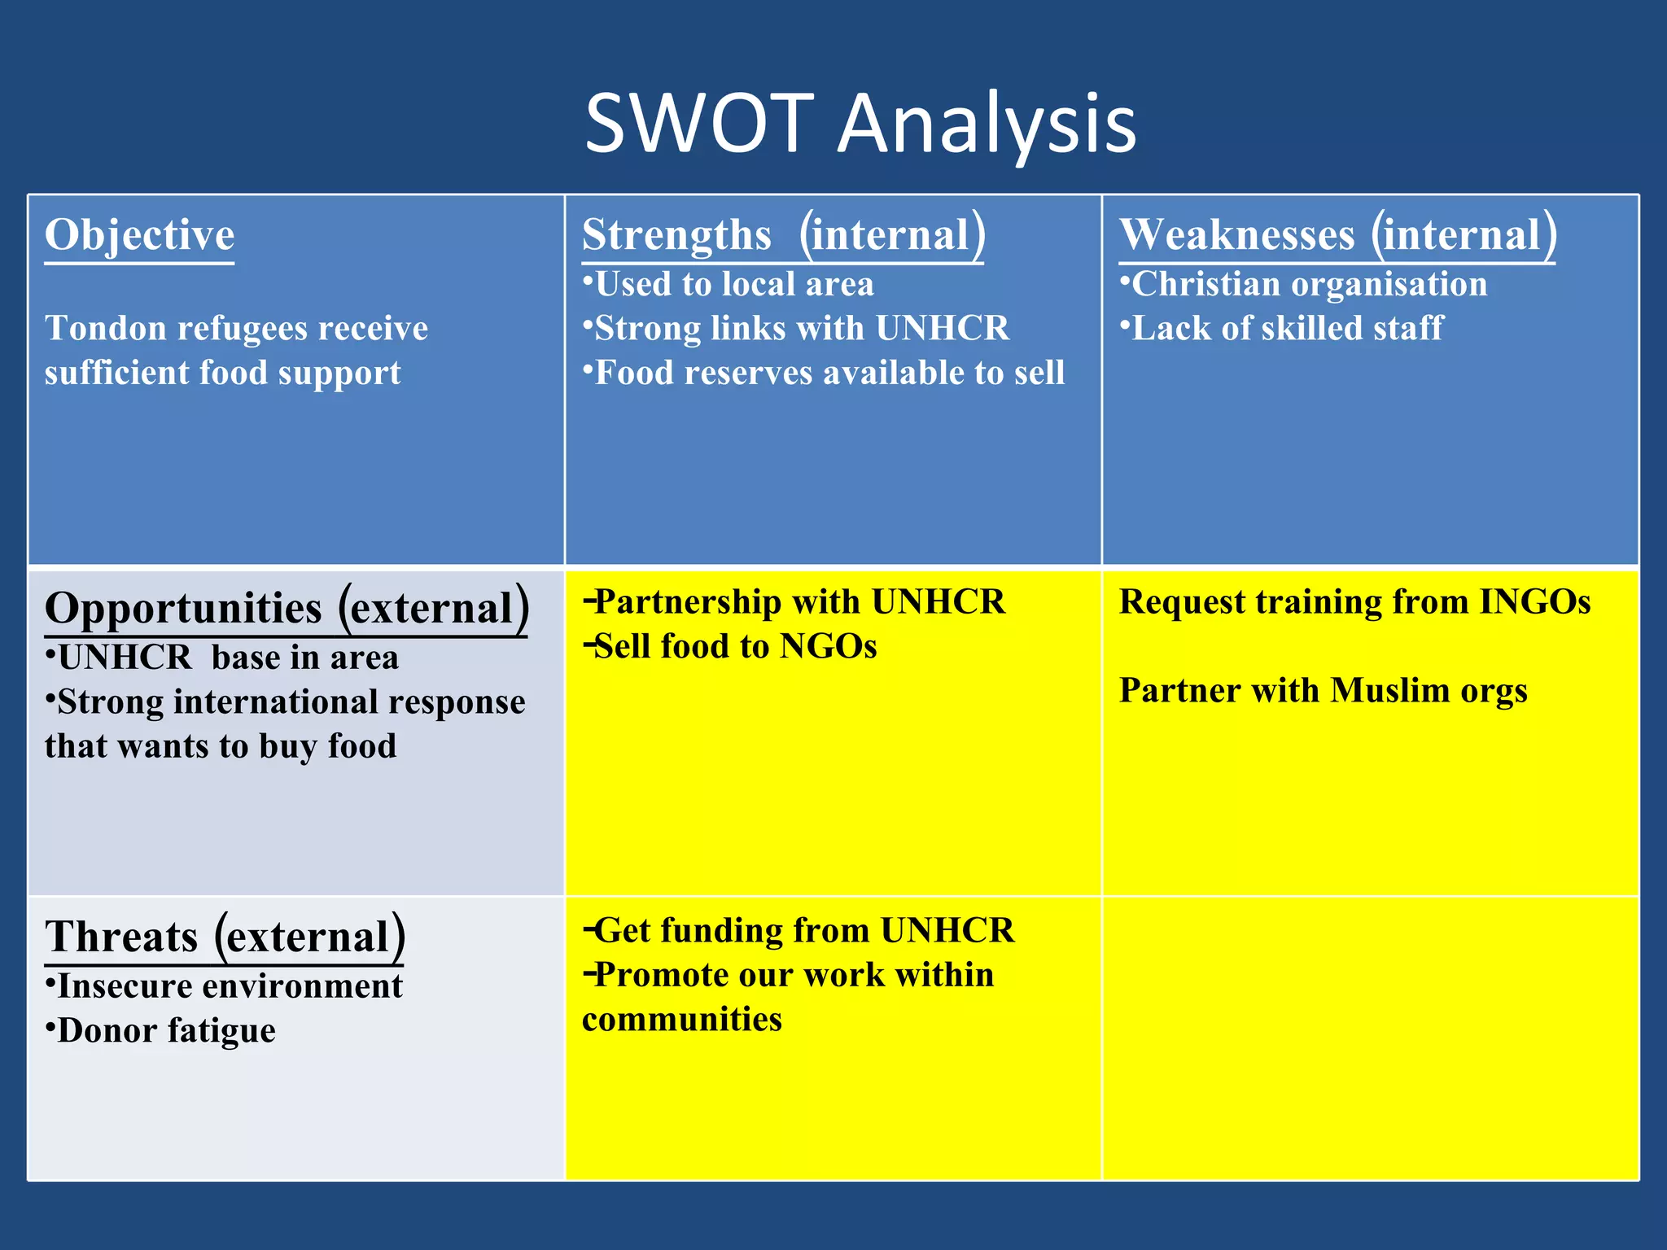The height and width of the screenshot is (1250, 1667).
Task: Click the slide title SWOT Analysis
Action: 860,124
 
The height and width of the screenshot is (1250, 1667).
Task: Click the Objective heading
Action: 139,235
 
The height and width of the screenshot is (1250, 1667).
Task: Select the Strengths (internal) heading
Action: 783,235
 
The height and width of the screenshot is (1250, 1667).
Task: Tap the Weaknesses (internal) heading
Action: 1337,235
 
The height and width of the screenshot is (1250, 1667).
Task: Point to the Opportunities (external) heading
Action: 287,609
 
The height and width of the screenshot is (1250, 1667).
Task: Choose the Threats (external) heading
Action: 225,937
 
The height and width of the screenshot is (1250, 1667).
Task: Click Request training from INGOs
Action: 1354,602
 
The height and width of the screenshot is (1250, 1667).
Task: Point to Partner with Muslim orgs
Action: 1323,691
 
